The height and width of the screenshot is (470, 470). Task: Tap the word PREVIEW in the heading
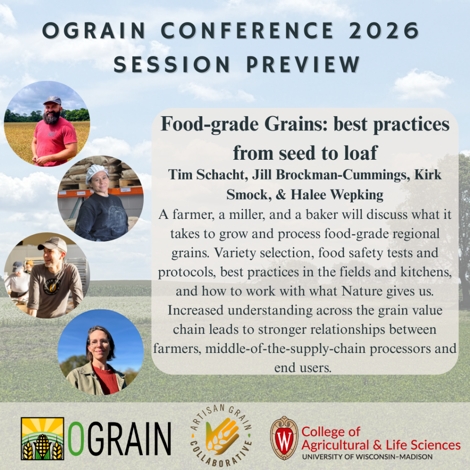point(303,64)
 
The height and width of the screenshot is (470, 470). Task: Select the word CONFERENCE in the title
point(247,31)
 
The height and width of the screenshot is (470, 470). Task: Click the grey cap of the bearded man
point(52,100)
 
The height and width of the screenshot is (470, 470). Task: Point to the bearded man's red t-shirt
point(55,141)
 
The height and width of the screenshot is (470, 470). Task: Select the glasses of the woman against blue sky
point(99,341)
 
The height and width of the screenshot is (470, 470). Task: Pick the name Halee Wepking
point(337,195)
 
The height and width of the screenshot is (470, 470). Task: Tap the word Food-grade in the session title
point(209,124)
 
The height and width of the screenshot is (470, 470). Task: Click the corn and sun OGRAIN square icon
point(43,438)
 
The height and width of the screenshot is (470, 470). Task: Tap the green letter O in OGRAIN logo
point(76,438)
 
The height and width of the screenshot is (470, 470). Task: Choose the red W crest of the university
point(284,438)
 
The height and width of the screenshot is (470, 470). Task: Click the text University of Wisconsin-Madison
point(367,457)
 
